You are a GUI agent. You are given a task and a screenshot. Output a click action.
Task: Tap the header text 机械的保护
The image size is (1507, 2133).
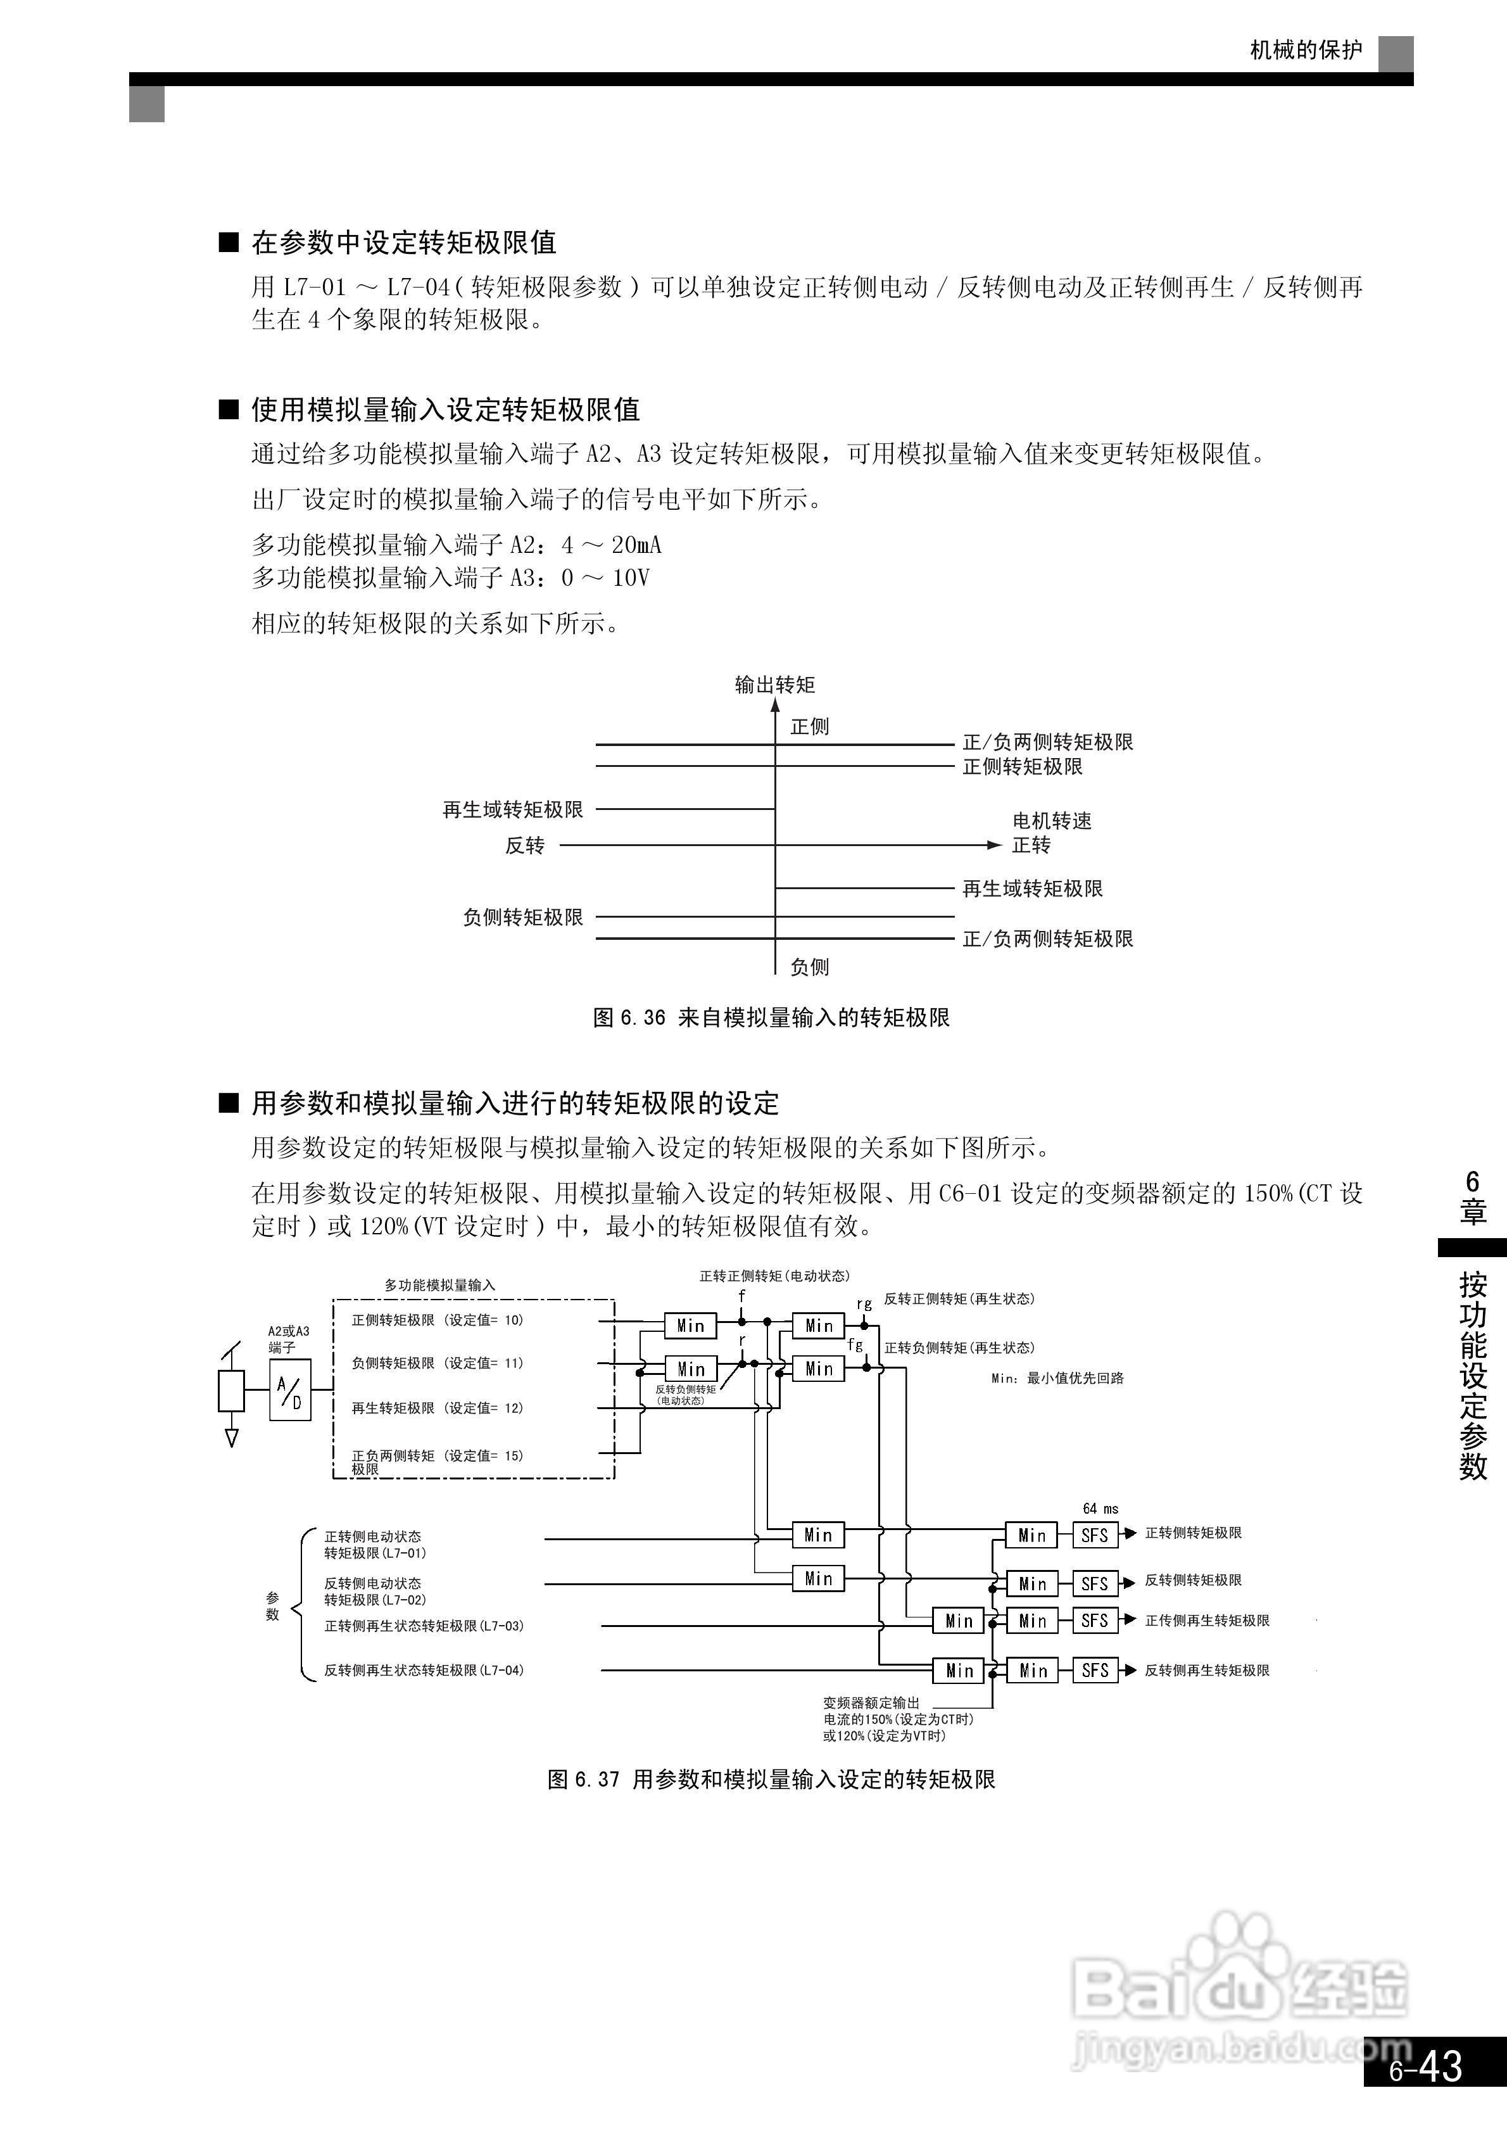[1306, 50]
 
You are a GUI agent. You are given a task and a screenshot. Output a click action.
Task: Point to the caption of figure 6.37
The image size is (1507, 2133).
[771, 1779]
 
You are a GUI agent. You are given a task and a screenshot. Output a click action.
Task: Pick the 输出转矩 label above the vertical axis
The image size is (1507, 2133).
[775, 685]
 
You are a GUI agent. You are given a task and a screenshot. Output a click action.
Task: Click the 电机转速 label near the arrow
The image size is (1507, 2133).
[1052, 820]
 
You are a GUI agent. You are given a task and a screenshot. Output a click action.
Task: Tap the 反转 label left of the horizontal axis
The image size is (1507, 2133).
[525, 845]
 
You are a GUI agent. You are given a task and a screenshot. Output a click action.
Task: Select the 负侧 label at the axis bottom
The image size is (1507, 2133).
[809, 967]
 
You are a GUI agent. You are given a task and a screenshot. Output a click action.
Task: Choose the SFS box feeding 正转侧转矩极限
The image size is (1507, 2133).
[1095, 1535]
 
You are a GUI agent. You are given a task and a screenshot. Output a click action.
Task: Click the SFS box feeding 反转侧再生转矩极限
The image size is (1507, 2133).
[1095, 1670]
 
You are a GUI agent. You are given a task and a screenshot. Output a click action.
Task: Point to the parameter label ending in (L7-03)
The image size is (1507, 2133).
[424, 1626]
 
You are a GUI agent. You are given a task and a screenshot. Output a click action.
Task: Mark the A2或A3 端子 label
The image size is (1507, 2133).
[289, 1339]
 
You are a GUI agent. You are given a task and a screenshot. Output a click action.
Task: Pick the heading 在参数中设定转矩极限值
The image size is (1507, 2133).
[403, 243]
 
